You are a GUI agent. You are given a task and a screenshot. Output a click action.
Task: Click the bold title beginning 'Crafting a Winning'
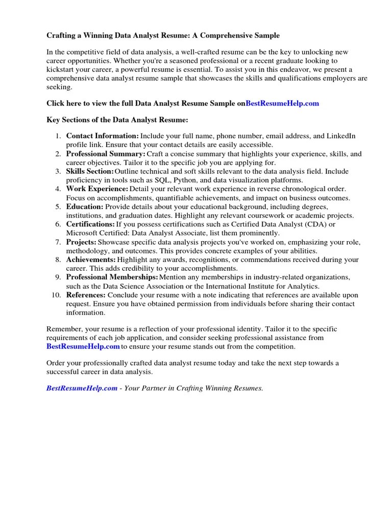coord(163,36)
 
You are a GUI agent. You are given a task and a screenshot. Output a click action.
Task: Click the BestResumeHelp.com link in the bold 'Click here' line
coord(282,103)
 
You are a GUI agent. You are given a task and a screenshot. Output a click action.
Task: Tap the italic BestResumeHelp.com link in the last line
coord(82,388)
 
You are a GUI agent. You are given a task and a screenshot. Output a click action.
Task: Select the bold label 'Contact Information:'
coord(102,136)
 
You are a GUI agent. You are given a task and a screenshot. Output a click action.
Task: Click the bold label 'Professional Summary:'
coord(106,153)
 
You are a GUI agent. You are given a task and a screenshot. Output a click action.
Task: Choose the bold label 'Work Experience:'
coord(97,189)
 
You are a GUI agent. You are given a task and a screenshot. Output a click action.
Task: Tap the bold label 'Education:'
coord(85,206)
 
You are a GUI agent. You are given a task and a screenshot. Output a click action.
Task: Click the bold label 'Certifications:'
coord(90,224)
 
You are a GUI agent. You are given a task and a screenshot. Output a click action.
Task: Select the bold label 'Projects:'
coord(81,242)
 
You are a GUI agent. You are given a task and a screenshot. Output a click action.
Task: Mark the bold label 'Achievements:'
coord(91,259)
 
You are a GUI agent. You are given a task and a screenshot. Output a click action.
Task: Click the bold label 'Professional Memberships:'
coord(112,277)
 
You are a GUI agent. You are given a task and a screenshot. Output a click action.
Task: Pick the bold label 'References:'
coord(86,295)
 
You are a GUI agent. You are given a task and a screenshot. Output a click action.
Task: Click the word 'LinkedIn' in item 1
coord(341,136)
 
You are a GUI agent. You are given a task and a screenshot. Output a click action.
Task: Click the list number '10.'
coord(56,295)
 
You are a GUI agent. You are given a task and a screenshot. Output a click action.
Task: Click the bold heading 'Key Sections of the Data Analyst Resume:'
coord(117,120)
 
